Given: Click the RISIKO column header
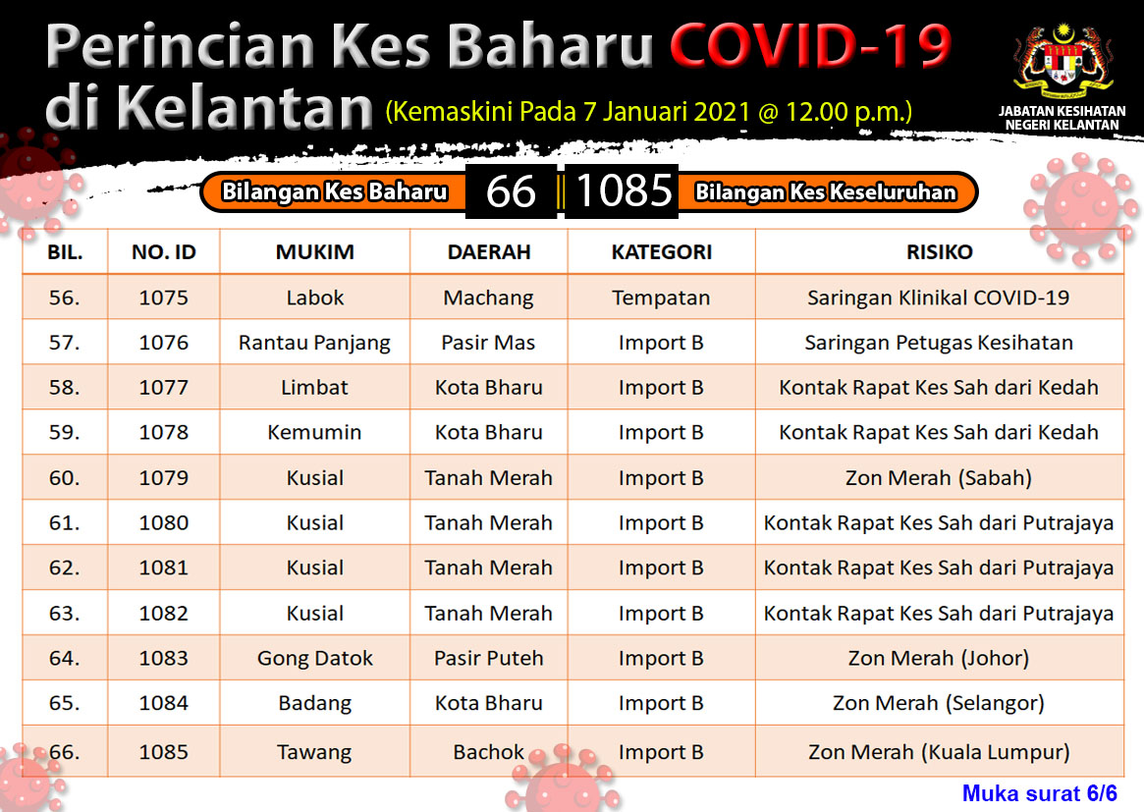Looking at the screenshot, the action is click(x=939, y=252).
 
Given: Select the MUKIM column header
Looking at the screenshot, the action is click(x=314, y=252).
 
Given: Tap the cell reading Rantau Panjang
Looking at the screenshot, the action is click(x=314, y=343).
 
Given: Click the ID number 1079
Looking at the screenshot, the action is click(x=163, y=478).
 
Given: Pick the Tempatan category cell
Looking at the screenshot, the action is click(x=661, y=298).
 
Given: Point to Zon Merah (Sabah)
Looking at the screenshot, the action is click(x=939, y=478).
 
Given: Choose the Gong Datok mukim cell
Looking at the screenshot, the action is click(x=314, y=659).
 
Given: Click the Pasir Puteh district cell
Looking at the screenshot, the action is click(x=489, y=658).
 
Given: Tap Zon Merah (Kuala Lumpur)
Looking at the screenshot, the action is click(x=939, y=751).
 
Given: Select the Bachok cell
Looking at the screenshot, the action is click(x=489, y=751).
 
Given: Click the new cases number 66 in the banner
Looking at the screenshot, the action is click(x=511, y=191).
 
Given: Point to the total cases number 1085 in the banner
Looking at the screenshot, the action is click(x=624, y=190).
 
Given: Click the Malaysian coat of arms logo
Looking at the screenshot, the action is click(x=1062, y=64).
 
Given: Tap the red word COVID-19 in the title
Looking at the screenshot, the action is click(x=810, y=45).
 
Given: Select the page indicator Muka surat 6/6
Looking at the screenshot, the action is click(x=1040, y=793).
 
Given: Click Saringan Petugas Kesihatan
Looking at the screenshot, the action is click(x=939, y=343).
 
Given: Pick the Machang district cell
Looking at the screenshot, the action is click(x=489, y=298).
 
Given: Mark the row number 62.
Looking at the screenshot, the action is click(x=64, y=568).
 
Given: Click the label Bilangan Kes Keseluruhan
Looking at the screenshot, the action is click(x=825, y=191).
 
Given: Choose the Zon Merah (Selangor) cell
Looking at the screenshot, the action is click(x=939, y=703).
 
